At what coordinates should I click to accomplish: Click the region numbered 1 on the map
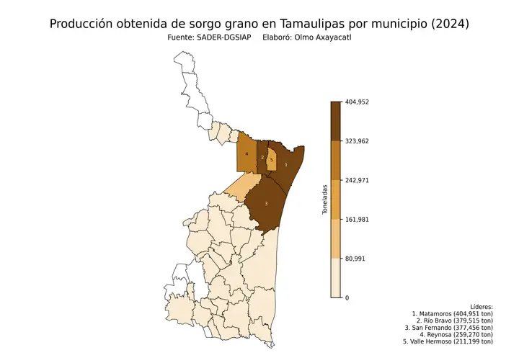pos(286,165)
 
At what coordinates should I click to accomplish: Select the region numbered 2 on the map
pos(262,157)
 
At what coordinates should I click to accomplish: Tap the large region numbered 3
pos(267,204)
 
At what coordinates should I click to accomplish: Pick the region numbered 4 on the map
pos(247,154)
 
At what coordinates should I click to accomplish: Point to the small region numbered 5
pos(272,159)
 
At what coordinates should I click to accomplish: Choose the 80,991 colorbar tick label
pos(356,258)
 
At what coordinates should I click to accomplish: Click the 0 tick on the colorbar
pos(347,297)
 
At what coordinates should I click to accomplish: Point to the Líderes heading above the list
pos(480,307)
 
